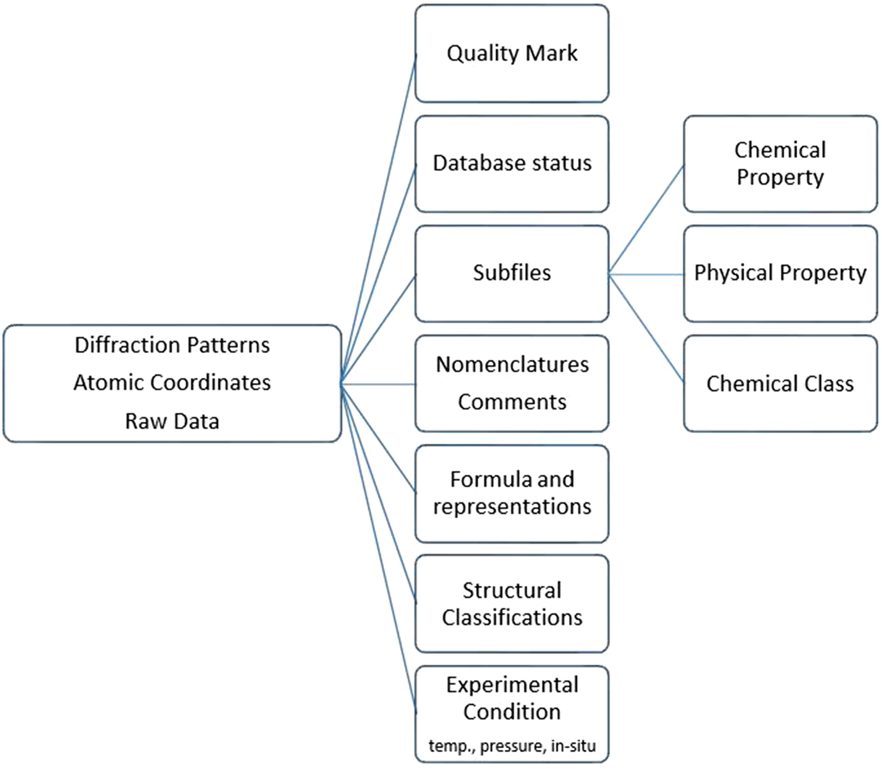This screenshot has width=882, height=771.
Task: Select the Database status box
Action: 512,163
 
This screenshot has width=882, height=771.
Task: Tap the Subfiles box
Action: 512,273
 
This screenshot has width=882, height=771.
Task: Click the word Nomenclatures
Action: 512,365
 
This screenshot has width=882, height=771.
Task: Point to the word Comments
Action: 512,402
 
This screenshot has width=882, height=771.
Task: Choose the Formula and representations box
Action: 512,493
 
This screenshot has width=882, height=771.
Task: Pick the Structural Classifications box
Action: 512,603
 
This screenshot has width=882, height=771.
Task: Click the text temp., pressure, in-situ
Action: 512,746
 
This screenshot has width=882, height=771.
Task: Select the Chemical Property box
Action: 780,163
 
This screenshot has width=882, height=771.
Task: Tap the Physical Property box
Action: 780,273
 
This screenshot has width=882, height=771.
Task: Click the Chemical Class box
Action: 780,383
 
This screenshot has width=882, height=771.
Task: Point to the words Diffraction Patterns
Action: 172,345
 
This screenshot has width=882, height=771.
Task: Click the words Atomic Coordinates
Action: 172,383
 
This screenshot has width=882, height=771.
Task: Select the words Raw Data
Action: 172,421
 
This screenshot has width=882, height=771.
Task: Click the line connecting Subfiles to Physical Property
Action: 647,275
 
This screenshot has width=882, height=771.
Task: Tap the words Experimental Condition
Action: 512,698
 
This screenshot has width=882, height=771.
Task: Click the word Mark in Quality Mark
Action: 551,54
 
